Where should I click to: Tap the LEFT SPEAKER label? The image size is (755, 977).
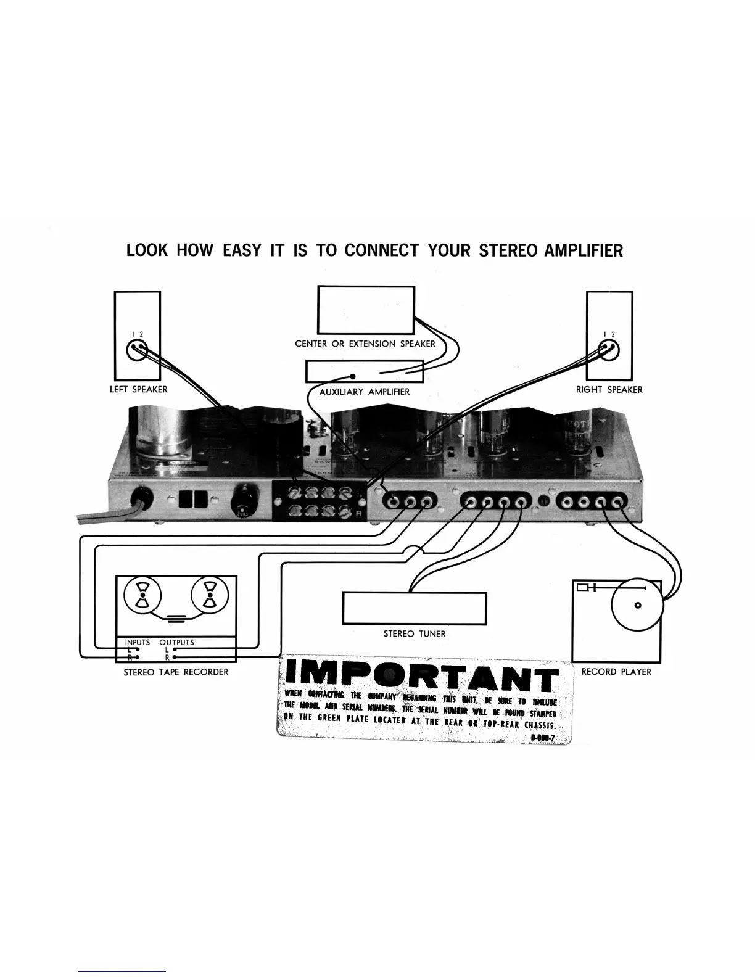coord(138,390)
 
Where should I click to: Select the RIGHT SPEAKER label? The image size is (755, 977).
coord(609,390)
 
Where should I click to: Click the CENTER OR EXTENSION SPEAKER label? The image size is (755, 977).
coord(365,344)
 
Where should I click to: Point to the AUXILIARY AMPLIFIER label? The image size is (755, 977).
coord(364,392)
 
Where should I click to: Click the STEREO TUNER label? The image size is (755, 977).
coord(415,633)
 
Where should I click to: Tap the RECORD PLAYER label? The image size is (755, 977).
coord(616,672)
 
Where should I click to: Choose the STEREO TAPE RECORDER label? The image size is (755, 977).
coord(176,672)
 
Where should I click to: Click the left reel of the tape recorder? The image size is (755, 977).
coord(143,596)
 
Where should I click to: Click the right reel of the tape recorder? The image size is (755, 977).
coord(210,596)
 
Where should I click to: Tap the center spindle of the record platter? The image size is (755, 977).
coord(638,605)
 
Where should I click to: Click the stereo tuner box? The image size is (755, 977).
coord(415,608)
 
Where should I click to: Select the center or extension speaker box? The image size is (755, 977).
coord(366,310)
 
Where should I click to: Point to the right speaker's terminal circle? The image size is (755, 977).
coord(609,352)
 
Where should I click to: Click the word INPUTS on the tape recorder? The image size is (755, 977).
coord(137,642)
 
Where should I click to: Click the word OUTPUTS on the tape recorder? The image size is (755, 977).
coord(176,642)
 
